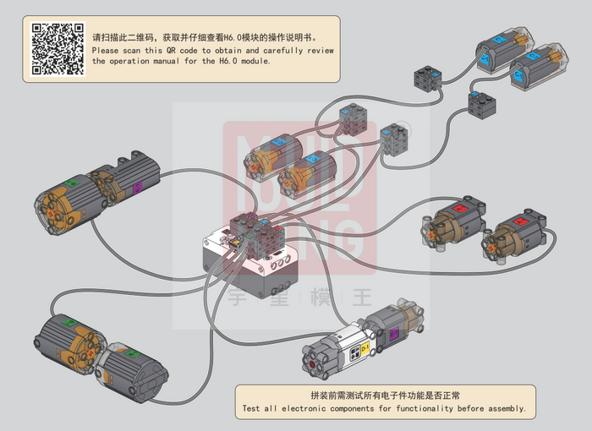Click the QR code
[58, 49]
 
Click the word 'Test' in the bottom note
[252, 408]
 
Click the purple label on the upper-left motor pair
[138, 188]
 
